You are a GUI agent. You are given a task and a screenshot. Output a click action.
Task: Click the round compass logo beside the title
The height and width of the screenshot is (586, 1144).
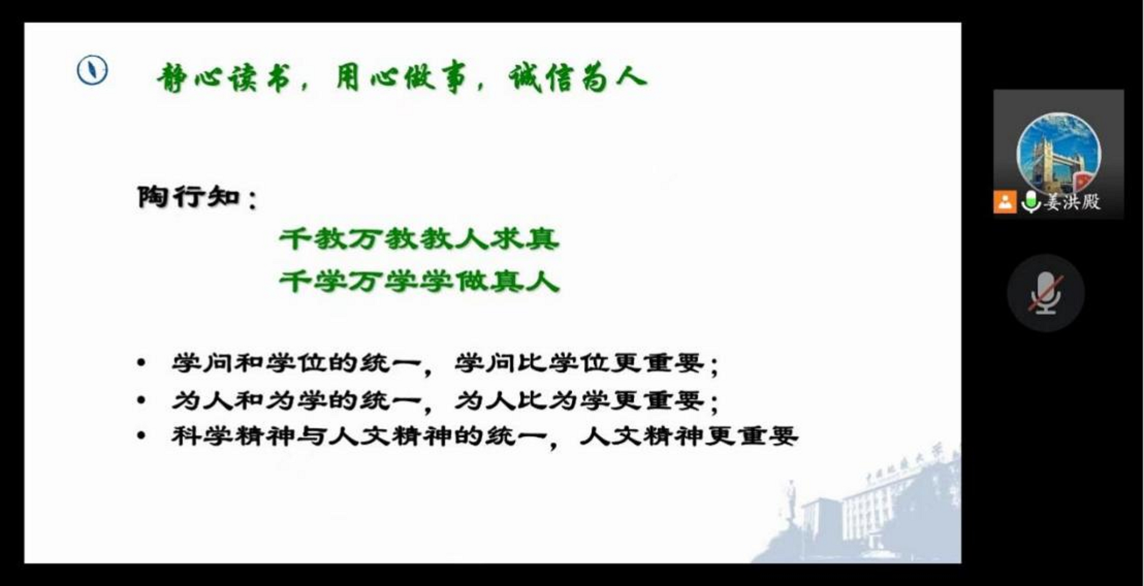pos(92,70)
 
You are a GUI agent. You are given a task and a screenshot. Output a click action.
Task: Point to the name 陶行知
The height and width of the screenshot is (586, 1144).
pos(189,197)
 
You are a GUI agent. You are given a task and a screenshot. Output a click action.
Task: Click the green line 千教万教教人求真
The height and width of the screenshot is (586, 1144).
pos(419,240)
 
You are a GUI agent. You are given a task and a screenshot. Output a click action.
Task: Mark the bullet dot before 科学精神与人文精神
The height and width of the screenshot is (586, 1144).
pos(141,436)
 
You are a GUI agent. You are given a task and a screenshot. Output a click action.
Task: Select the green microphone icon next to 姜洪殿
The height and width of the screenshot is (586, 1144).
pos(1031,202)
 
